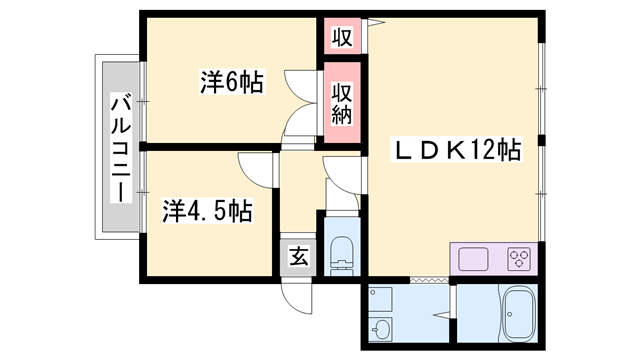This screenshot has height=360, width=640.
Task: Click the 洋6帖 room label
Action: pyautogui.click(x=231, y=82)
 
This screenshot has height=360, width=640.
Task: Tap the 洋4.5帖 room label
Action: pyautogui.click(x=207, y=211)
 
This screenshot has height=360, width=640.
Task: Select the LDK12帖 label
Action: pyautogui.click(x=456, y=150)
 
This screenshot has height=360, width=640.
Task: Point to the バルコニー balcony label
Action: pyautogui.click(x=121, y=148)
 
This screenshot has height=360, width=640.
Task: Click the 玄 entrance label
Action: pyautogui.click(x=298, y=256)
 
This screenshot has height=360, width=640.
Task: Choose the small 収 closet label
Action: pyautogui.click(x=342, y=37)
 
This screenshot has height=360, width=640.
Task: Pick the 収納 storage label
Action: pyautogui.click(x=342, y=104)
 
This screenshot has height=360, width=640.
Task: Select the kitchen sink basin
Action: pyautogui.click(x=473, y=259)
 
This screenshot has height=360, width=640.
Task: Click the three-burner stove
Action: pyautogui.click(x=519, y=259)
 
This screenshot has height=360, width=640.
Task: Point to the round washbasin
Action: pyautogui.click(x=380, y=329)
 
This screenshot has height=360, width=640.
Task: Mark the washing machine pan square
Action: pyautogui.click(x=380, y=299)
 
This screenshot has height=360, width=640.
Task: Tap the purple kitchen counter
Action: pyautogui.click(x=493, y=259)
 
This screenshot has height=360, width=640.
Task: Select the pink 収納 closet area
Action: pyautogui.click(x=342, y=102)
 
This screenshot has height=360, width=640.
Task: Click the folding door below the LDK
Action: pyautogui.click(x=429, y=280)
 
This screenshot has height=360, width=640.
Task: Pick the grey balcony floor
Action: pyautogui.click(x=121, y=147)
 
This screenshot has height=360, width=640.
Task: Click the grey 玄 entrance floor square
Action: pyautogui.click(x=298, y=256)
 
